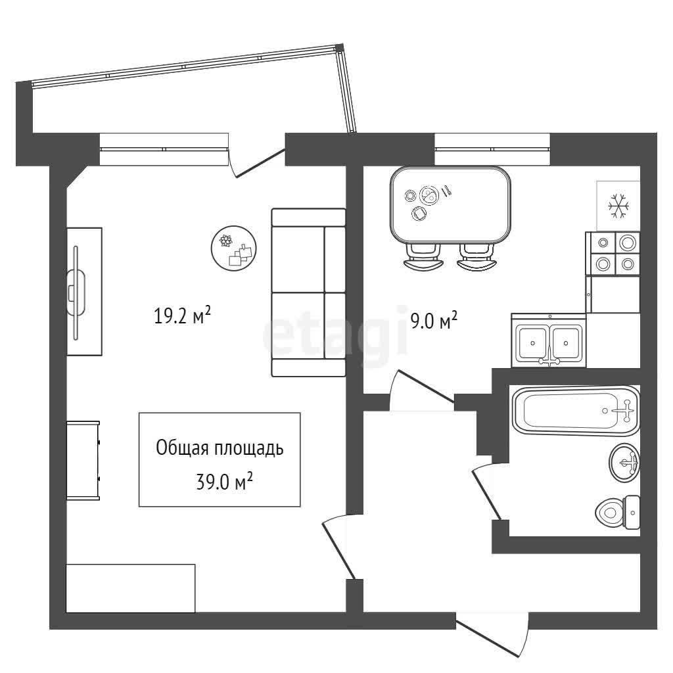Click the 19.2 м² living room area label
(x=182, y=315)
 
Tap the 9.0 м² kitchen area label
(x=434, y=320)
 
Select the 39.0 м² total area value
(x=223, y=482)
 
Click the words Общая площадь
(x=220, y=448)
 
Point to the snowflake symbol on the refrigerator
(x=618, y=205)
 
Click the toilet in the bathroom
(x=618, y=512)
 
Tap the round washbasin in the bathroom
(x=624, y=463)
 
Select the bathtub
(x=576, y=411)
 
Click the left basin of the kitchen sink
(x=533, y=342)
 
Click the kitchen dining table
(x=450, y=205)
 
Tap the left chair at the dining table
(x=423, y=257)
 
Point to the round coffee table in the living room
(x=233, y=248)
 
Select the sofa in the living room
(x=309, y=292)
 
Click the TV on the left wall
(x=76, y=292)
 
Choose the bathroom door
(x=486, y=493)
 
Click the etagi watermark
(x=335, y=337)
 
